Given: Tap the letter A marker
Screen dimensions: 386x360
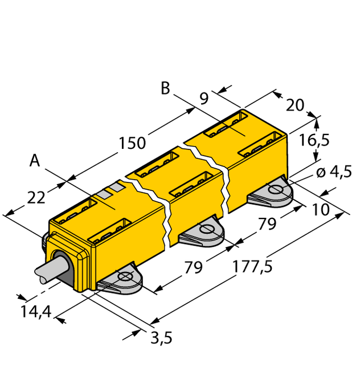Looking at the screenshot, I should tap(35, 162).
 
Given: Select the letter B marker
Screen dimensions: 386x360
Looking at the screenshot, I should tap(165, 88).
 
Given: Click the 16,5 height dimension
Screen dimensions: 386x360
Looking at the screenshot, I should tap(331, 140).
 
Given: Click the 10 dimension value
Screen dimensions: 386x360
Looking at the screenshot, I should tap(321, 209).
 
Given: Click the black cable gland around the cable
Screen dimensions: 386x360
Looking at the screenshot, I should tap(63, 268).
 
